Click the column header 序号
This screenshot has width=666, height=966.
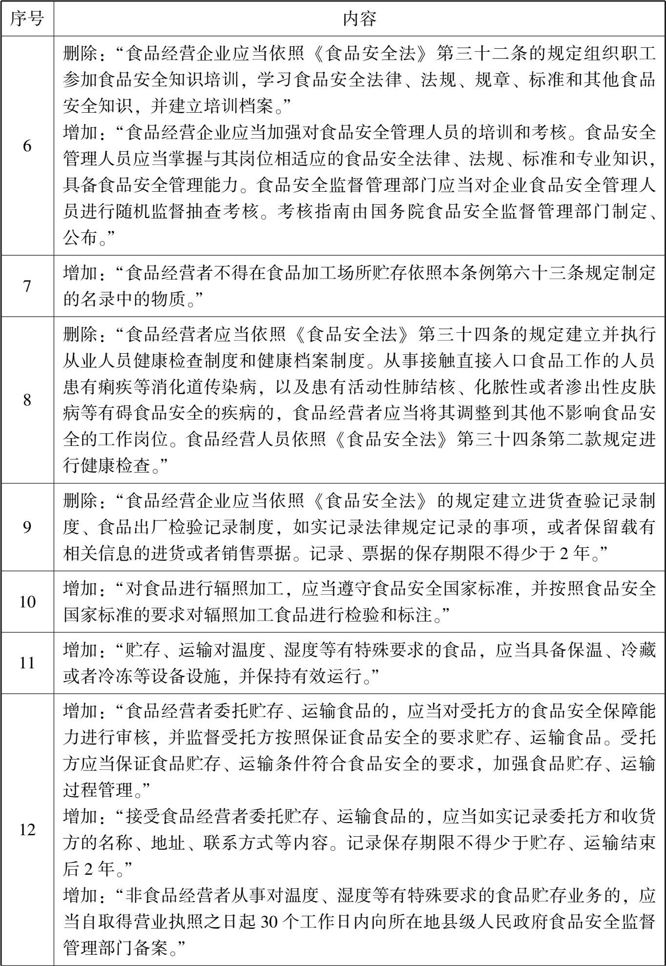[x=27, y=19]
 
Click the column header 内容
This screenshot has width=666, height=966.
[x=359, y=19]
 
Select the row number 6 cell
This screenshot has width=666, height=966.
[x=27, y=145]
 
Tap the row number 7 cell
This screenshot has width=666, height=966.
[x=27, y=286]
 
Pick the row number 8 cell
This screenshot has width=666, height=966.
[x=27, y=400]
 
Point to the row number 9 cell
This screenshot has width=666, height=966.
[x=27, y=527]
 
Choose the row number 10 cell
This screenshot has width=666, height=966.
[x=27, y=602]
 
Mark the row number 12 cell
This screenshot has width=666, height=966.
[x=27, y=829]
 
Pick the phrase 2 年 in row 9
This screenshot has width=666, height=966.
[x=575, y=553]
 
